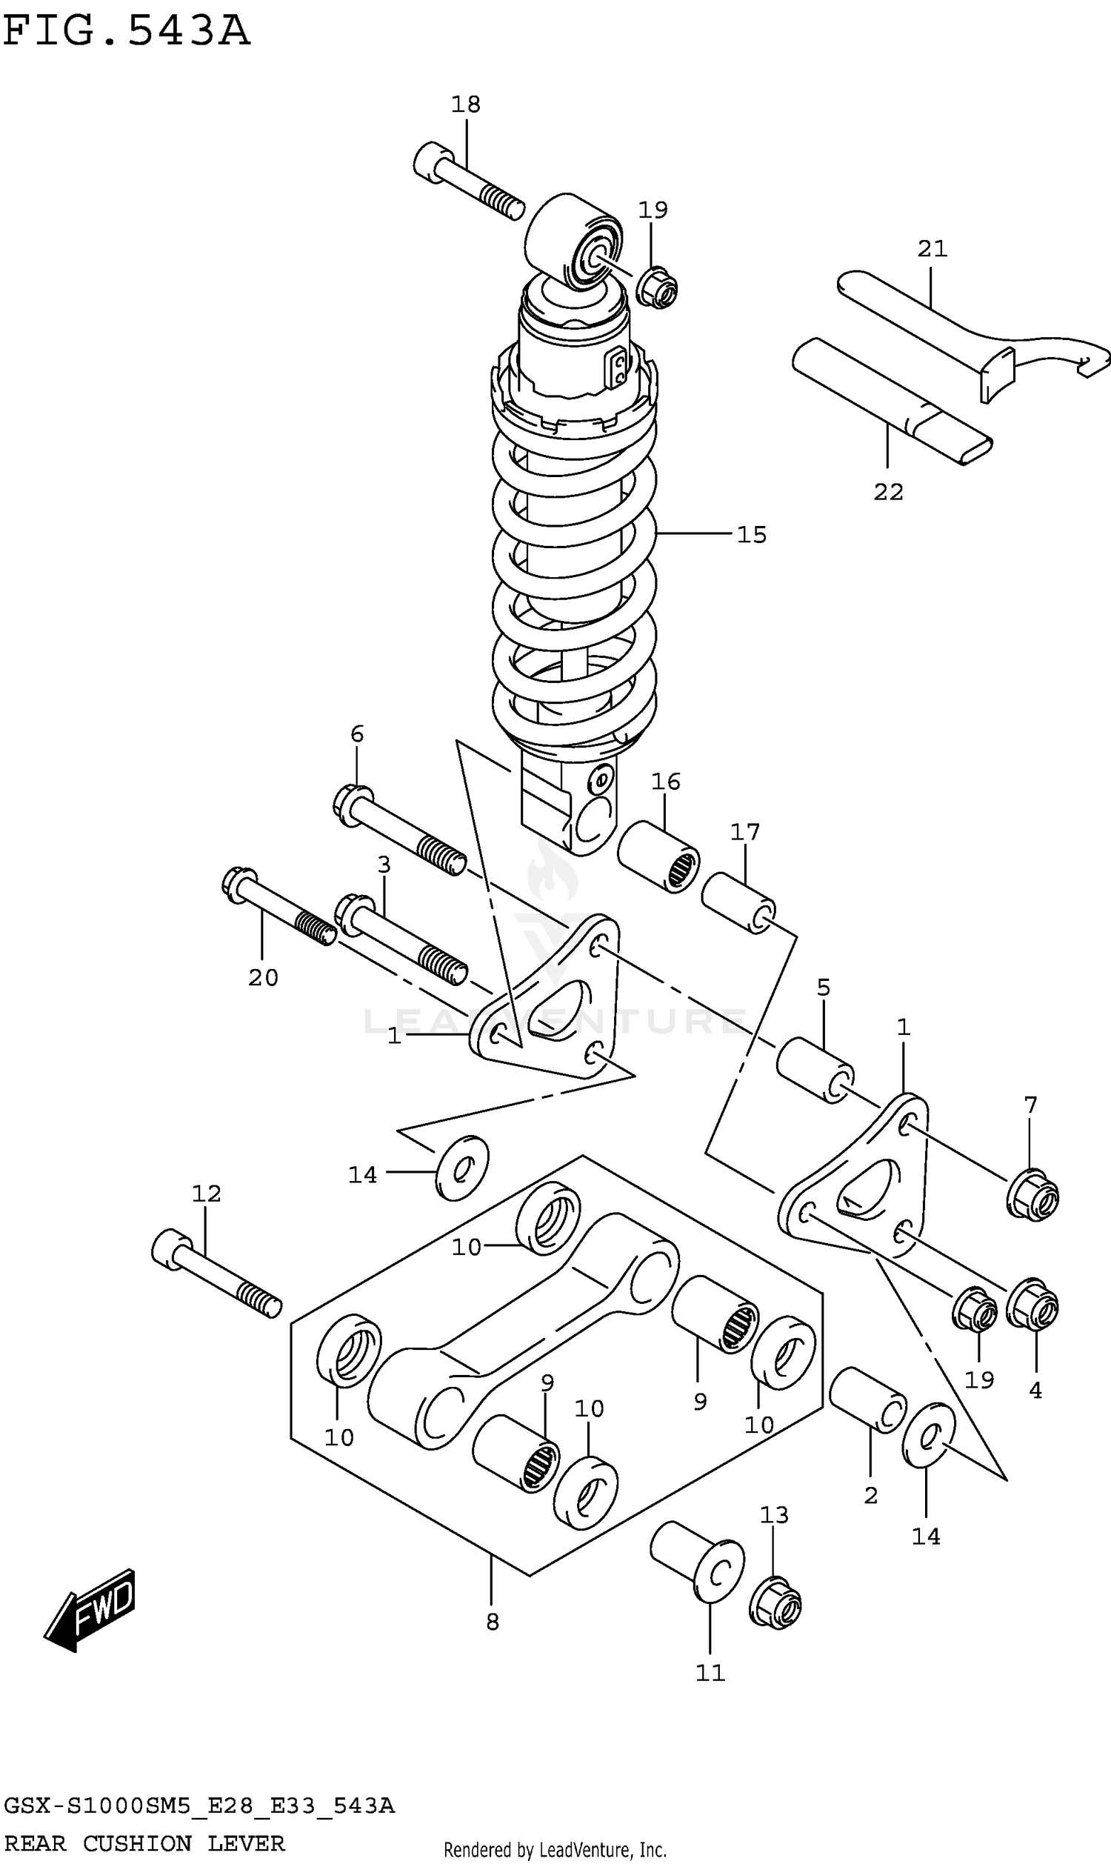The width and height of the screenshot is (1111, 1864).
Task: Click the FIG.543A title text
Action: pyautogui.click(x=126, y=31)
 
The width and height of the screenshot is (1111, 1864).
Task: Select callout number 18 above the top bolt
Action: pyautogui.click(x=466, y=104)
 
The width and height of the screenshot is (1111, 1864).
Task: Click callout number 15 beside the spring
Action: pyautogui.click(x=752, y=534)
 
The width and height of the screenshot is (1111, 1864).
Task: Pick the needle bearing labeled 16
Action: pyautogui.click(x=658, y=857)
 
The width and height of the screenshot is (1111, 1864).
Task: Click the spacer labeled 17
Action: pyautogui.click(x=738, y=902)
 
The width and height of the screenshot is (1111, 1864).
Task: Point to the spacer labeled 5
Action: pyautogui.click(x=815, y=1070)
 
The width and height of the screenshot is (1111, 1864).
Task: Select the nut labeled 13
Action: pyautogui.click(x=775, y=1602)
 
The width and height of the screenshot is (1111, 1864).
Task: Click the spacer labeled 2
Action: pyautogui.click(x=867, y=1399)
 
